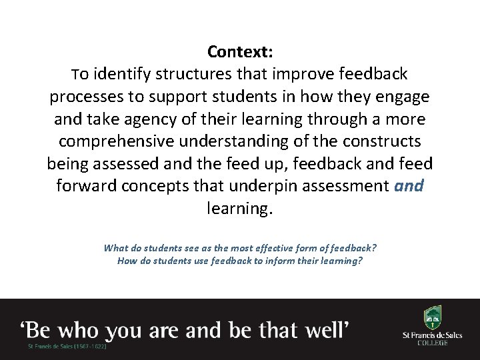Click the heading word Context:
(x=240, y=51)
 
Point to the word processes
(x=87, y=97)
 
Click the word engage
(x=402, y=97)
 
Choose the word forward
(x=86, y=187)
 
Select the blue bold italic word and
(x=409, y=187)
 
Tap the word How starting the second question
(x=127, y=261)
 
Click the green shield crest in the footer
(x=432, y=318)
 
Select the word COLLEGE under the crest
(x=432, y=343)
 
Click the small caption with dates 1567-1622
(x=67, y=347)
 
